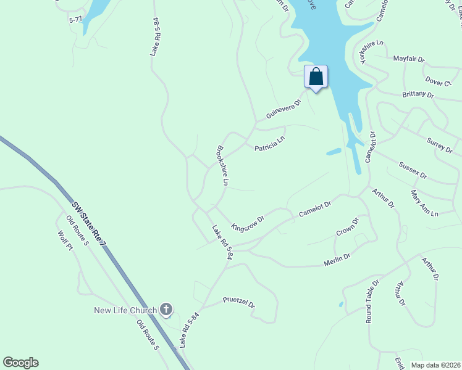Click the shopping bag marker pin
tap(316, 77)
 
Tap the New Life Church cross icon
tap(166, 309)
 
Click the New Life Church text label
tap(125, 310)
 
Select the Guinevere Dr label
tap(282, 107)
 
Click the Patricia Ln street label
tap(269, 144)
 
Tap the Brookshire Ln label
tap(222, 165)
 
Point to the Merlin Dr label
tap(337, 260)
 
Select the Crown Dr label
tap(347, 228)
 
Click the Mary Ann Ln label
tap(424, 203)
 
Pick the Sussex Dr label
tap(413, 170)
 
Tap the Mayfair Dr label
tap(408, 60)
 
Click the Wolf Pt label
tap(65, 240)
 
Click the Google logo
tap(20, 363)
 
